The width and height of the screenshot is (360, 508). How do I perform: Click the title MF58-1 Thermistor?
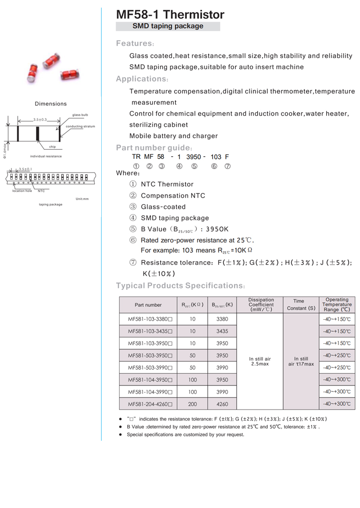[x=170, y=14]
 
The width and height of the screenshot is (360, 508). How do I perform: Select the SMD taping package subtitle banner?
[x=168, y=26]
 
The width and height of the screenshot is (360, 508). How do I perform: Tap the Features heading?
[x=135, y=44]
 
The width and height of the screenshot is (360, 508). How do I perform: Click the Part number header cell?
[x=148, y=305]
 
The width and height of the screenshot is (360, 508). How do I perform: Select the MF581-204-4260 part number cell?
[x=150, y=404]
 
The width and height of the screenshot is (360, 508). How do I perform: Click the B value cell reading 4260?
[x=222, y=404]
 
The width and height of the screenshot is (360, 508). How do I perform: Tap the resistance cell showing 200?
[x=192, y=404]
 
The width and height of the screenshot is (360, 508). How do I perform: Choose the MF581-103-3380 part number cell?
[x=150, y=319]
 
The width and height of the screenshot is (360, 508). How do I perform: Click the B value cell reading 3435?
[x=222, y=331]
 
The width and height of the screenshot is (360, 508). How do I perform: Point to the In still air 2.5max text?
[x=260, y=362]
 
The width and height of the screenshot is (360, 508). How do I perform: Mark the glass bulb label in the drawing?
[x=80, y=115]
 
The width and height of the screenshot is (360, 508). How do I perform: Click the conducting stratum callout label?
[x=80, y=126]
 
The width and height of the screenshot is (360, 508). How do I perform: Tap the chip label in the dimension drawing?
[x=53, y=146]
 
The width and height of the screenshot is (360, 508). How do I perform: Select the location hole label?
[x=22, y=191]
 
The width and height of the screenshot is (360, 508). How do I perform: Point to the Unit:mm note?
[x=82, y=198]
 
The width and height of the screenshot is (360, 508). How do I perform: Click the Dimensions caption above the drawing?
[x=51, y=104]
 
